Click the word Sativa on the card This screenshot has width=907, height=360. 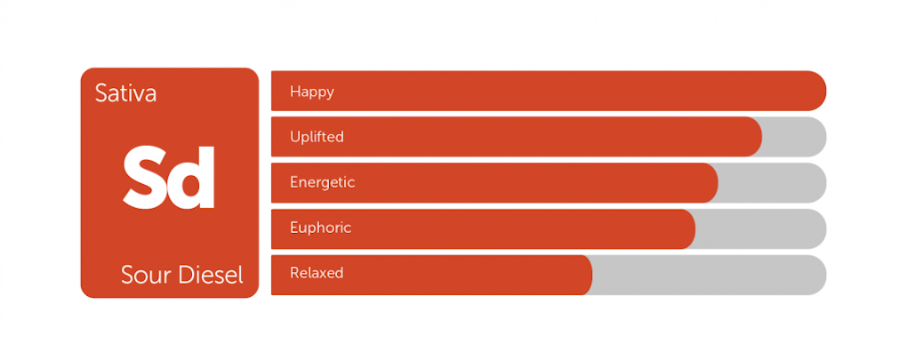pos(125,93)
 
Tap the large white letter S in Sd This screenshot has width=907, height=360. pos(146,177)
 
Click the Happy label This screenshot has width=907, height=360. pos(312,92)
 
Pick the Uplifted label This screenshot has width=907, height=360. pos(317,137)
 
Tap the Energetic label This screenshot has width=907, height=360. pos(322,183)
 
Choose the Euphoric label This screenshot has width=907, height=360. pos(320,228)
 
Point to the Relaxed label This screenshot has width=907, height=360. pos(317,273)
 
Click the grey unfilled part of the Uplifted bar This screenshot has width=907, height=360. pos(792,137)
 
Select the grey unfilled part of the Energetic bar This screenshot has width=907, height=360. pos(771,183)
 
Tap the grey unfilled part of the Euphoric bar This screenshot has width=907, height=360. pos(759,228)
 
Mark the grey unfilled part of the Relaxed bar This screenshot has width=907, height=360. pos(708,275)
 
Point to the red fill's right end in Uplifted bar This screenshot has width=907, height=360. pos(761,137)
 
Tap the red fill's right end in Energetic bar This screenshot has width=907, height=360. pos(718,183)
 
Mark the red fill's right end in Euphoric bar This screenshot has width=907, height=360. pos(694,228)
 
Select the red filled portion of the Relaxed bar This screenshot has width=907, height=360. pos(431,275)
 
